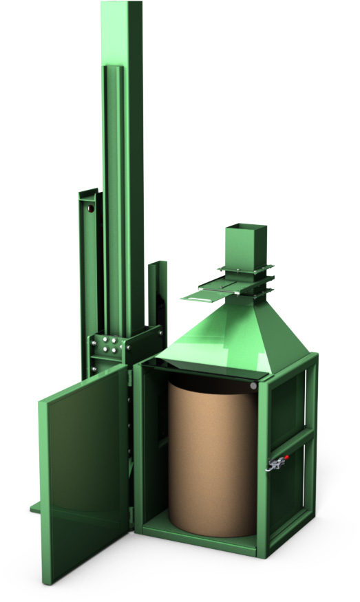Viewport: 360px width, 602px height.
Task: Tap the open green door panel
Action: click(x=83, y=468)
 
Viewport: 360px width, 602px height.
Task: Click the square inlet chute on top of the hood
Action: click(x=245, y=245)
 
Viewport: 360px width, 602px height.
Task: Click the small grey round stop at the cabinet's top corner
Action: click(x=253, y=387)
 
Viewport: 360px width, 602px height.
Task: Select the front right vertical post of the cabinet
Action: click(x=264, y=468)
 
